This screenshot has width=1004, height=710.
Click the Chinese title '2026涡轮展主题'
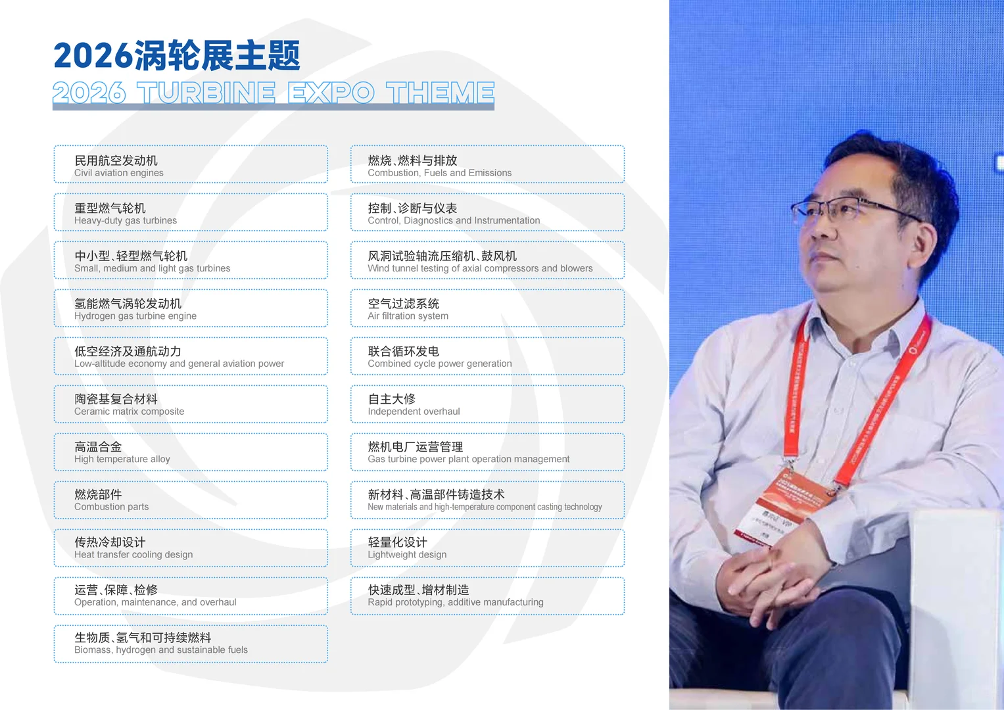click(177, 56)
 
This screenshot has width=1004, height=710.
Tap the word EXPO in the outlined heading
click(331, 93)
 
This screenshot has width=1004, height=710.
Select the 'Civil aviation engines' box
click(191, 164)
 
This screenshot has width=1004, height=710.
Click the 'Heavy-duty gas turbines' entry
click(191, 212)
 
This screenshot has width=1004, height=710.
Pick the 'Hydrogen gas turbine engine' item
click(191, 308)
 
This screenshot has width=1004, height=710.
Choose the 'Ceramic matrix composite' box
click(191, 404)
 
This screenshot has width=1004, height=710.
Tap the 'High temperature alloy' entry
click(191, 452)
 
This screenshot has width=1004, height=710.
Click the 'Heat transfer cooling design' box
click(191, 548)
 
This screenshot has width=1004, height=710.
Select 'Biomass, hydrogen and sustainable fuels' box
click(191, 644)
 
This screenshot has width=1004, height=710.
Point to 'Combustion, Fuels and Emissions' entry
click(487, 164)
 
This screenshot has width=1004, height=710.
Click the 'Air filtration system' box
click(487, 308)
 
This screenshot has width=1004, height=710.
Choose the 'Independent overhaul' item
click(487, 404)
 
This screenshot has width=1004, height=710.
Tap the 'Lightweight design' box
click(487, 548)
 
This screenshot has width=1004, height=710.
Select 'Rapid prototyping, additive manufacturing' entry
click(487, 596)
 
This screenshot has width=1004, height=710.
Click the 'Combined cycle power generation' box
click(487, 356)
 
